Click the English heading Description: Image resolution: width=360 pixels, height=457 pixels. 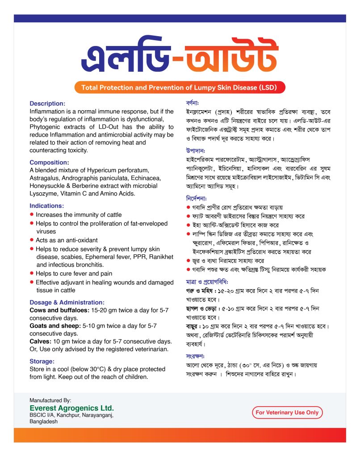click(x=47, y=103)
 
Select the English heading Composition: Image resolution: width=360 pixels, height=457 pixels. click(x=49, y=162)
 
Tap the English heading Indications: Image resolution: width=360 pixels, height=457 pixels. click(x=47, y=206)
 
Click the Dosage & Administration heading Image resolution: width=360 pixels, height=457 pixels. click(x=67, y=302)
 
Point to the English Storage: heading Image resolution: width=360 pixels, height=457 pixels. click(x=42, y=361)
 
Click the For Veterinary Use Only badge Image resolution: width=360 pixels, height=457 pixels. click(x=287, y=412)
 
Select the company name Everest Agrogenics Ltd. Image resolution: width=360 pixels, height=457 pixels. click(x=71, y=408)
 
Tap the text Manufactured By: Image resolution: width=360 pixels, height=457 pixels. click(x=50, y=400)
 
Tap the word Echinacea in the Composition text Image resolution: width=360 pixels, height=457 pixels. click(x=146, y=178)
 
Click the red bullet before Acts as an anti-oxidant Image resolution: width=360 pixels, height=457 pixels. click(x=32, y=240)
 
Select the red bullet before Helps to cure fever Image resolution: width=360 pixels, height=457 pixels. click(x=32, y=273)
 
